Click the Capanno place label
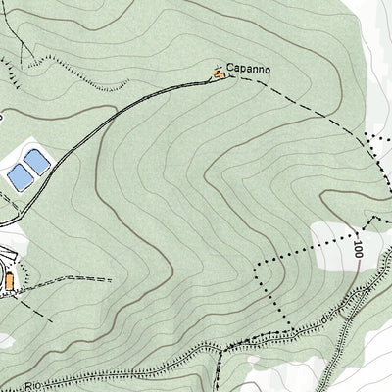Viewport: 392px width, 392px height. pyautogui.click(x=248, y=70)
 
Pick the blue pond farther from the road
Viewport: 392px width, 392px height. pyautogui.click(x=19, y=176)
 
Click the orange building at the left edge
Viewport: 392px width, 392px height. pyautogui.click(x=9, y=282)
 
